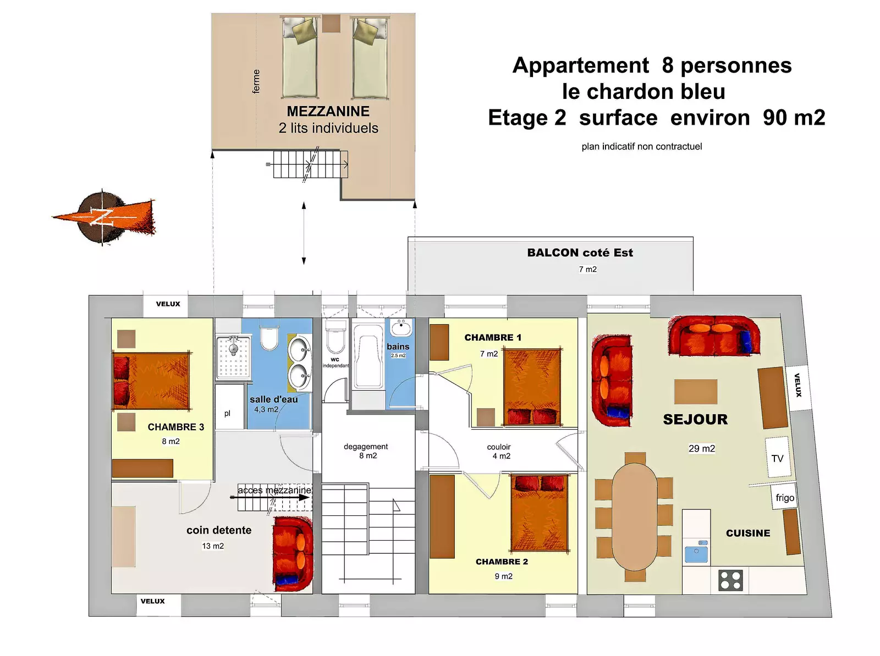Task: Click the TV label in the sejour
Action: tap(777, 459)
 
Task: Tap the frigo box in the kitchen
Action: tap(785, 497)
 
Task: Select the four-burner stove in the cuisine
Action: tap(730, 580)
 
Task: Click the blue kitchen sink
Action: tap(696, 552)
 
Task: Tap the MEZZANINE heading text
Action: tap(328, 112)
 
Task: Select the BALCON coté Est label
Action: tap(580, 253)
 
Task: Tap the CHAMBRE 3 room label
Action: tap(176, 427)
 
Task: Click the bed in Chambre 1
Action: tap(532, 387)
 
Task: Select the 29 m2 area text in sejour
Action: tap(702, 448)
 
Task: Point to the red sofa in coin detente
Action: tap(293, 554)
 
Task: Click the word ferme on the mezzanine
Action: tap(256, 81)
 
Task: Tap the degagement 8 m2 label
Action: tap(366, 451)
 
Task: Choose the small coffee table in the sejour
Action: tap(696, 392)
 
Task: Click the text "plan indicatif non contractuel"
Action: tap(641, 147)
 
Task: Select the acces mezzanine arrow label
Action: tap(274, 490)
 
